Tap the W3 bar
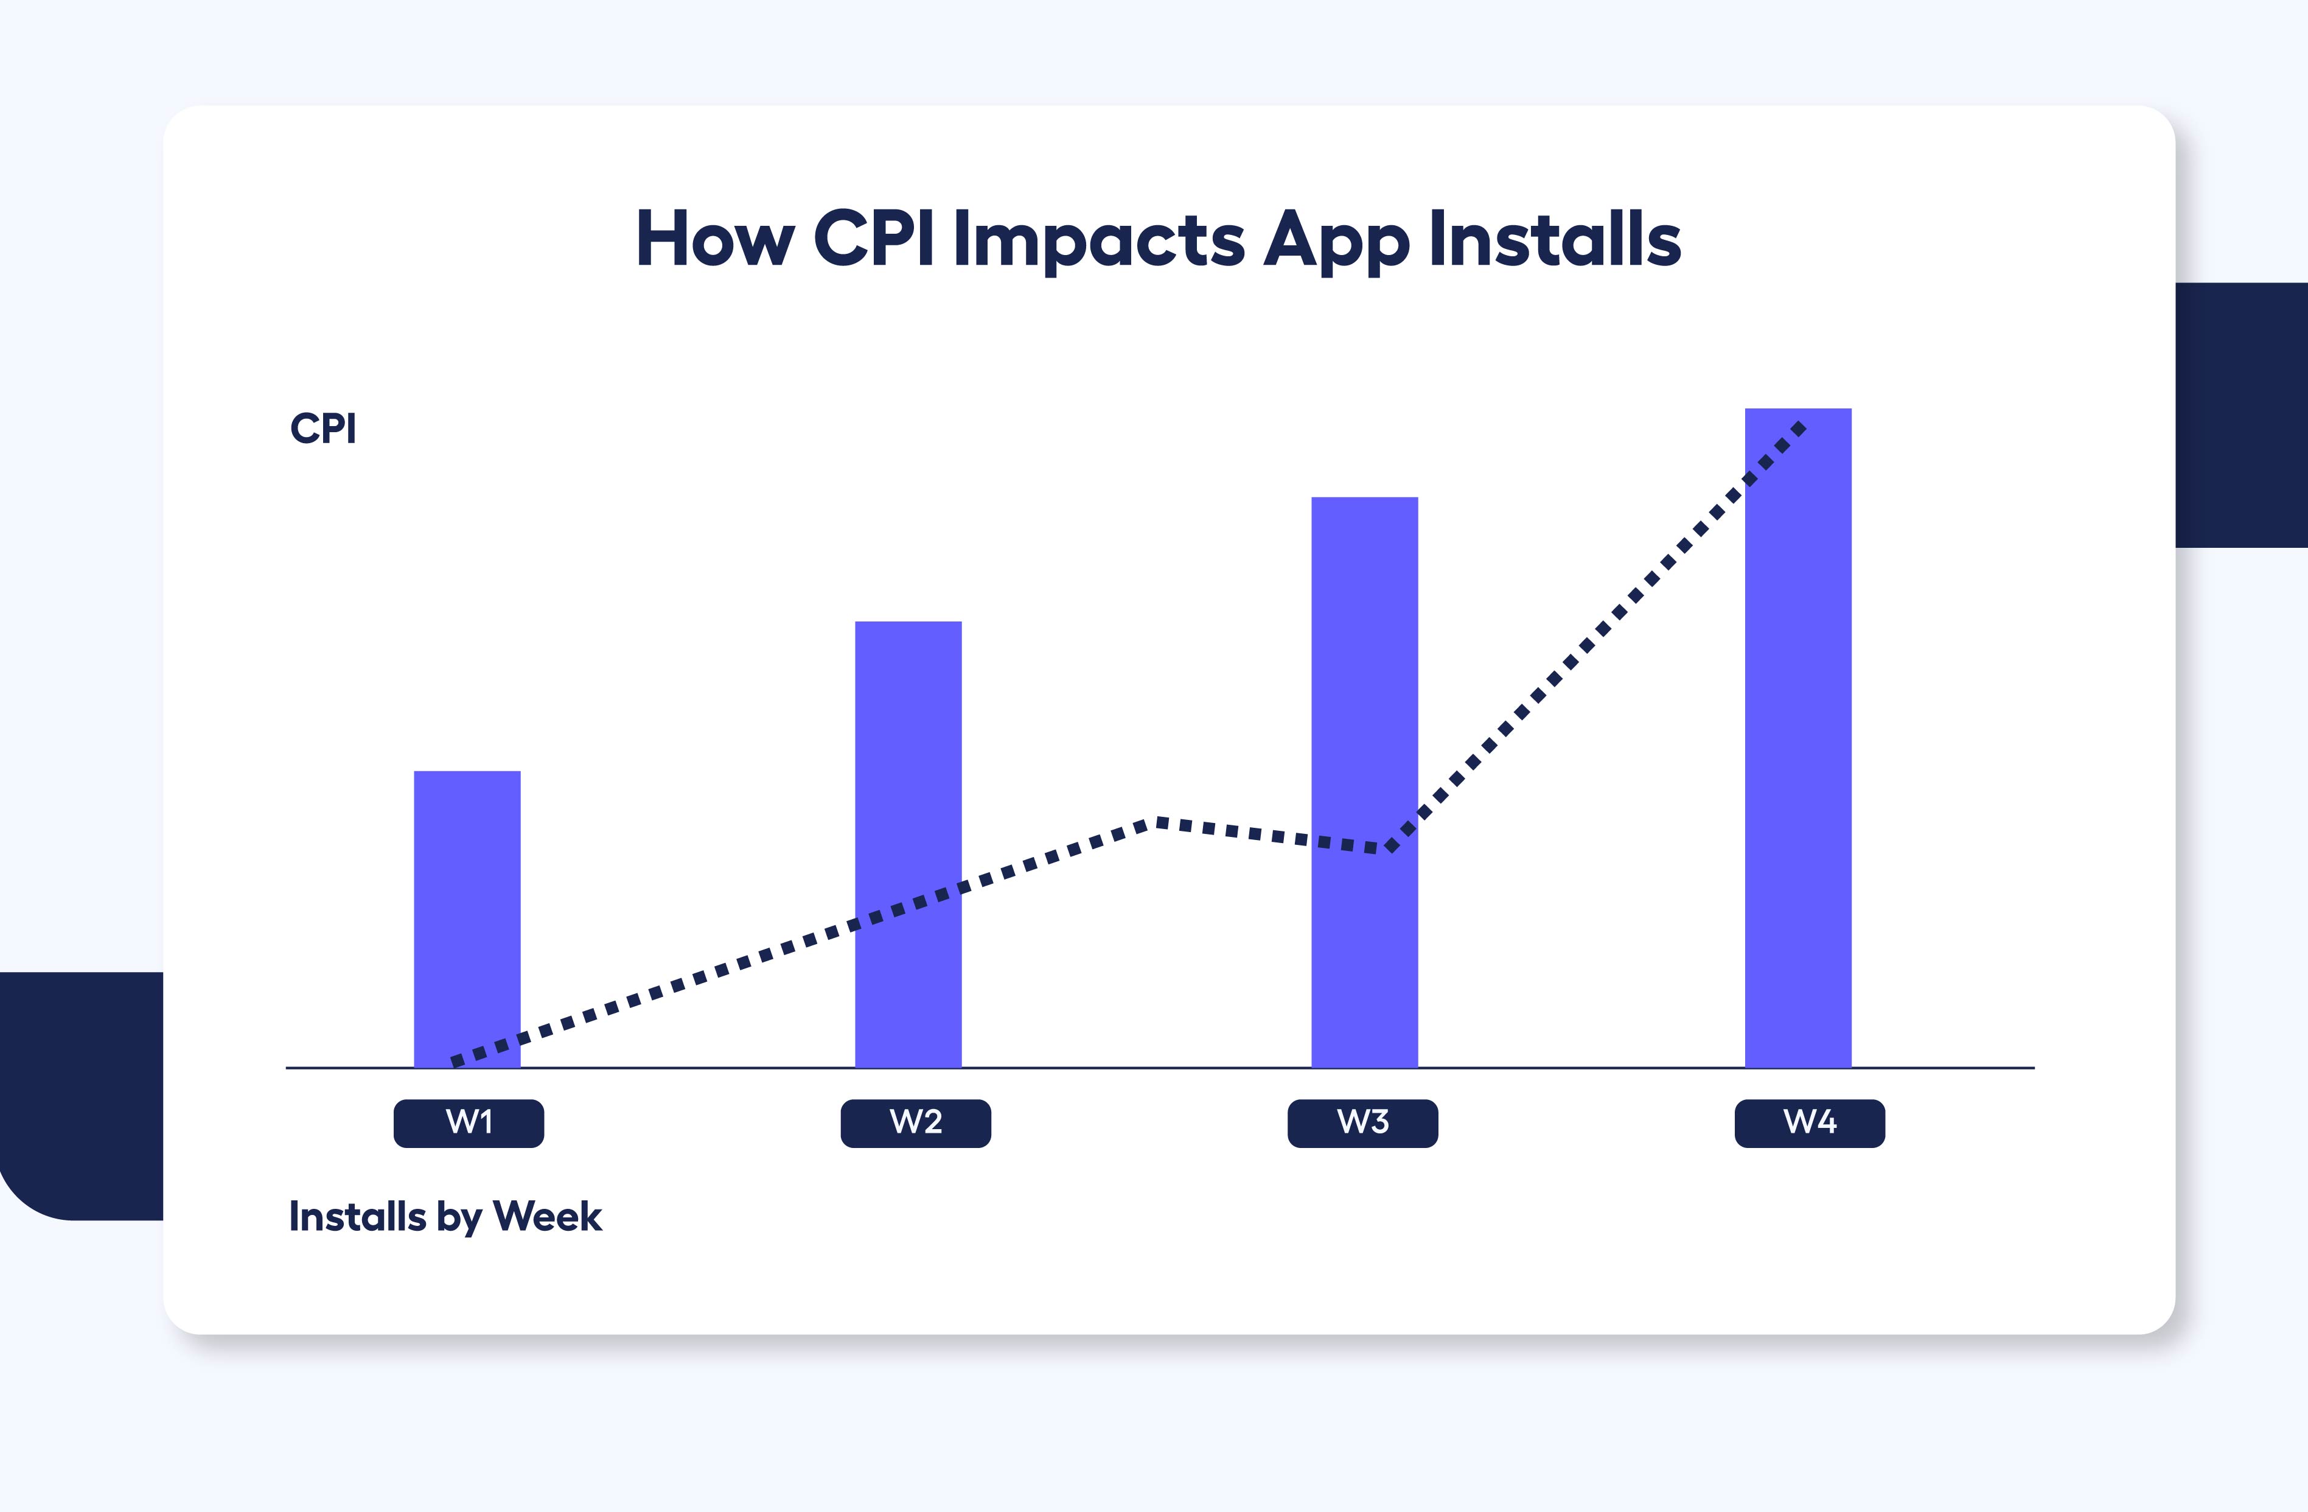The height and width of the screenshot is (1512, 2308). click(1364, 679)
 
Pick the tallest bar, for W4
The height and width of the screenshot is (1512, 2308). click(1798, 737)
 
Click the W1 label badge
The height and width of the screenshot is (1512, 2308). click(469, 1123)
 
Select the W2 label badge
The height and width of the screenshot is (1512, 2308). click(915, 1123)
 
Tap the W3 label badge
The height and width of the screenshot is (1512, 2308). click(1362, 1123)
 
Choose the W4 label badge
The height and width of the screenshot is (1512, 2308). click(1810, 1123)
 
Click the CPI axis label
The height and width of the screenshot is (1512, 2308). click(323, 429)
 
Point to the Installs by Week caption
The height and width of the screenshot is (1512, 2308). click(445, 1216)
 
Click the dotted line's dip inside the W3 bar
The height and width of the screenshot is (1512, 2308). click(1390, 848)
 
